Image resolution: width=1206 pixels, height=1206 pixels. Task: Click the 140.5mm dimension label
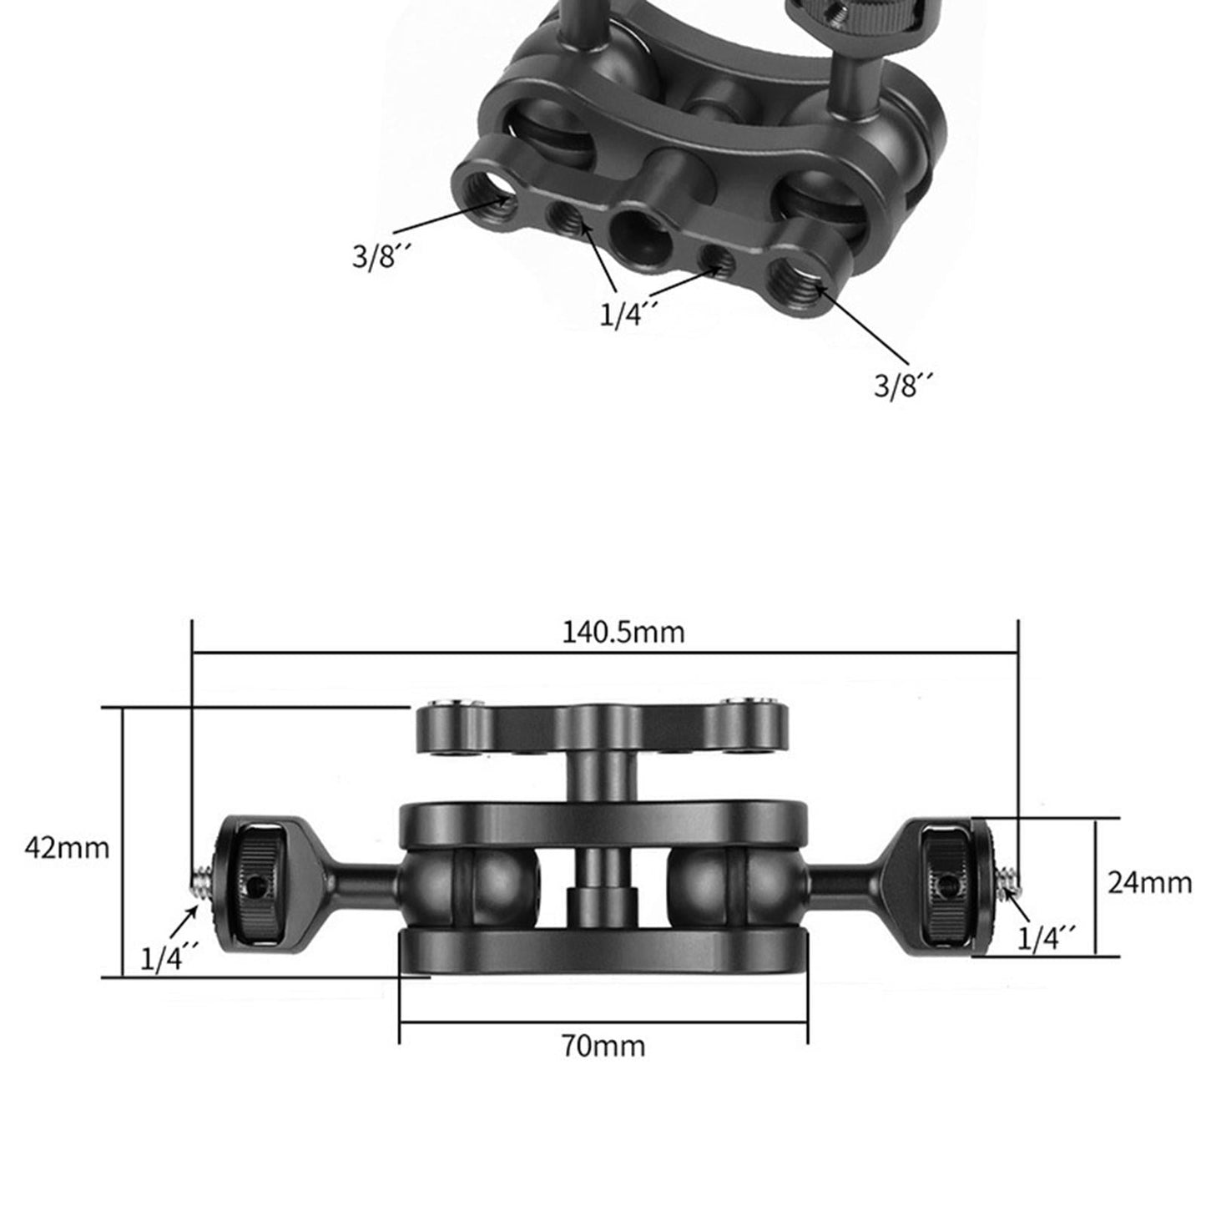click(x=623, y=632)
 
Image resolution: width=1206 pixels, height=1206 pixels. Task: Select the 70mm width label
click(x=603, y=1045)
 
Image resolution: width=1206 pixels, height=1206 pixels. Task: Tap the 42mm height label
click(x=67, y=847)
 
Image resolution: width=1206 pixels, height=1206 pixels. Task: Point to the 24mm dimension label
click(x=1149, y=882)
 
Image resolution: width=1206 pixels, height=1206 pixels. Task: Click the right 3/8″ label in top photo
click(x=902, y=385)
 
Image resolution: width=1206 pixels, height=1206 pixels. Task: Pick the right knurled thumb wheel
click(x=946, y=882)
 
